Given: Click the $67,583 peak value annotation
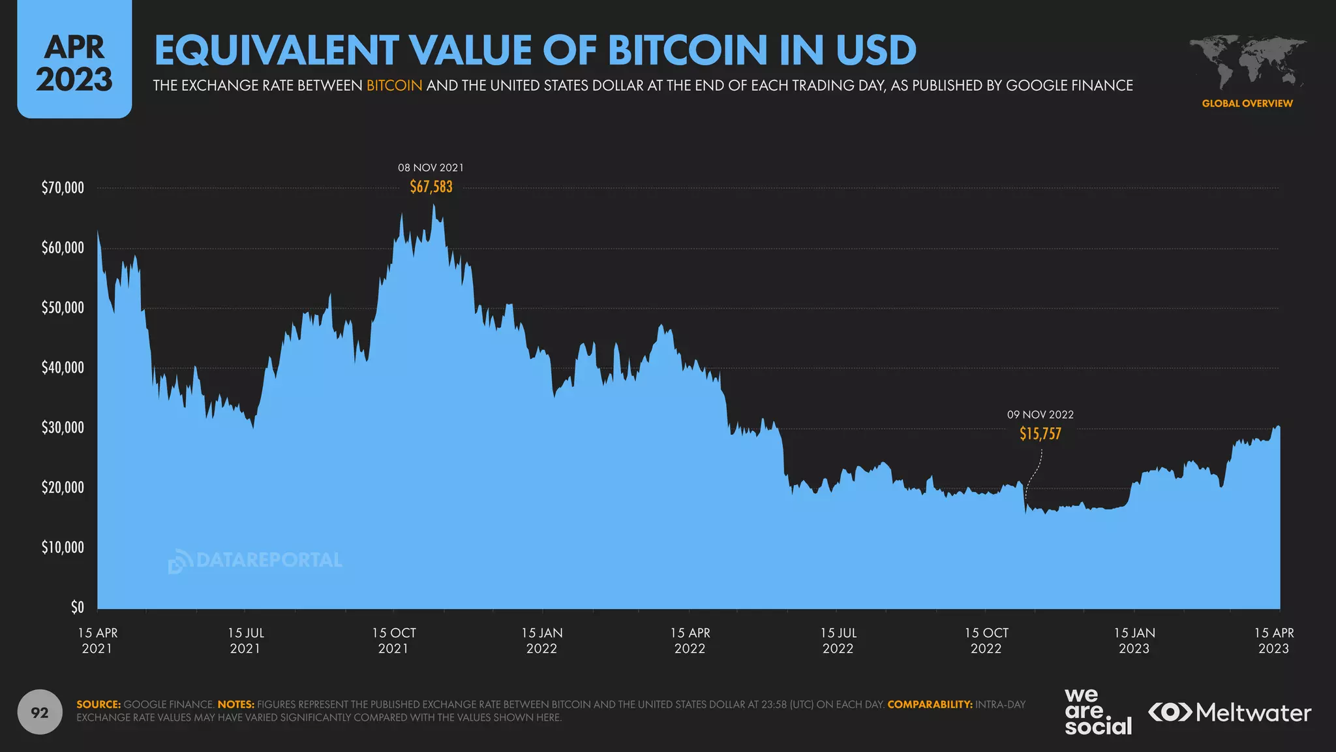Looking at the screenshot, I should tap(431, 187).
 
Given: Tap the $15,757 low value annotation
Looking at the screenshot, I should tap(1040, 434).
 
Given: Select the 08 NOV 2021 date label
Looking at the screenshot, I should tap(431, 168).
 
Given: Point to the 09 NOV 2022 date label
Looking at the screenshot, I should tap(1040, 415).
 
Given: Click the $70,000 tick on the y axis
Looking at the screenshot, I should tap(63, 188).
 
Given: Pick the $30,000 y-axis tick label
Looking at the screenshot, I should tap(63, 428).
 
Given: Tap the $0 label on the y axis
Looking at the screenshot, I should tap(77, 608).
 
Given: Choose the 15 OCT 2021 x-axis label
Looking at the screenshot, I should tap(393, 640).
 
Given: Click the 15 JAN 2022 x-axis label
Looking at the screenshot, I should tap(541, 640).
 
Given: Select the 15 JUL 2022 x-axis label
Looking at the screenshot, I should tap(838, 640).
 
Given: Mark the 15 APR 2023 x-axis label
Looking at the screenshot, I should tap(1273, 640).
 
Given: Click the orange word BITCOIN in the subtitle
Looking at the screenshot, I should tap(394, 86).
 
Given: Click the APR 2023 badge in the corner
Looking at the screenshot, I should tap(74, 63).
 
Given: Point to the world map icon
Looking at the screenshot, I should tap(1247, 63).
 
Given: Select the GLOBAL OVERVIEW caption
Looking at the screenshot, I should tap(1247, 103).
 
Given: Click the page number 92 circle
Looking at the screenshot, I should tap(40, 712).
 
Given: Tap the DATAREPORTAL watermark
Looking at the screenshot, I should tap(255, 561).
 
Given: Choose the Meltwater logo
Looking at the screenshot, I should tap(1230, 712).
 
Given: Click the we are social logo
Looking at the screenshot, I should tap(1097, 712).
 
